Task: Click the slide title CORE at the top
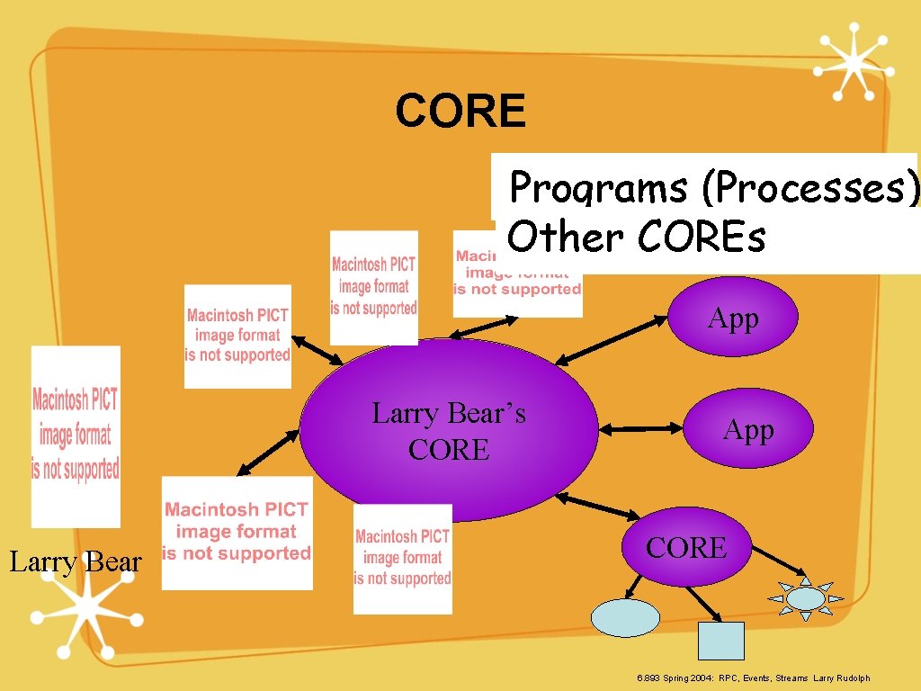[x=460, y=112]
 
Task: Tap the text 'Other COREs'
[x=636, y=238]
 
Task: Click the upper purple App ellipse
[x=732, y=318]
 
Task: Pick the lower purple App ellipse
[x=748, y=430]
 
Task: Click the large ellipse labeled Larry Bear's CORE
[x=449, y=430]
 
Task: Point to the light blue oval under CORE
[x=625, y=618]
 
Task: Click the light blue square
[x=721, y=641]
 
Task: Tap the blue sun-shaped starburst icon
[x=805, y=598]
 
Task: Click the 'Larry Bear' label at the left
[x=76, y=562]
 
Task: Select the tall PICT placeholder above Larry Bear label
[x=76, y=435]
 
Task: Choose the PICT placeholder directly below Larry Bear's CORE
[x=402, y=558]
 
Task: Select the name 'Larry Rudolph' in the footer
[x=842, y=678]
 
